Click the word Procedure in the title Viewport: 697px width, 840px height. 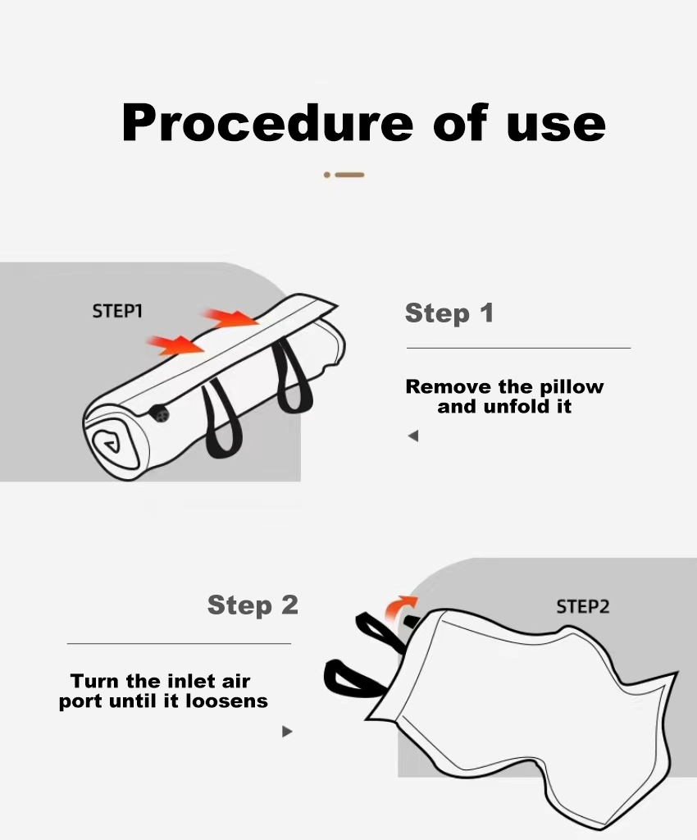(267, 123)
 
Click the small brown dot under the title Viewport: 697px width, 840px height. (327, 175)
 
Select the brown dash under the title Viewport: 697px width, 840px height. (349, 175)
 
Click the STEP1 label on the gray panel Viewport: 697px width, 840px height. (117, 311)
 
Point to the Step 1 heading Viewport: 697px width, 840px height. (449, 313)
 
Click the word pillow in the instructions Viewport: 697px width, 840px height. (572, 387)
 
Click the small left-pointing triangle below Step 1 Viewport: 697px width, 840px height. (413, 436)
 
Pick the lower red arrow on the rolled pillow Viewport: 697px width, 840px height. (175, 345)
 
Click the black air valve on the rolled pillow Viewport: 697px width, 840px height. (159, 413)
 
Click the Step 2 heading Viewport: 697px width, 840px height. (253, 605)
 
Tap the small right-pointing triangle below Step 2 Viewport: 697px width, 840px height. (288, 731)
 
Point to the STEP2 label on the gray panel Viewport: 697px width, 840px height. (582, 607)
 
